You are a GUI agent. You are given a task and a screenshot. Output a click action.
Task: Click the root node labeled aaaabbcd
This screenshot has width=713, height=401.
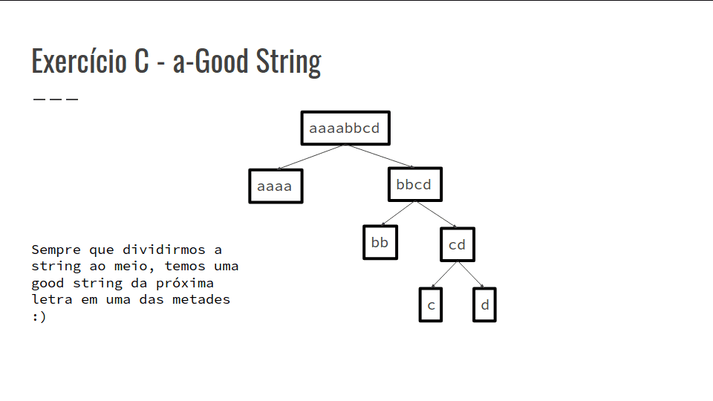(x=345, y=128)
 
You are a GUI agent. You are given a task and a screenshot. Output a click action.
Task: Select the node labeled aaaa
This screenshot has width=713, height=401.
(x=276, y=186)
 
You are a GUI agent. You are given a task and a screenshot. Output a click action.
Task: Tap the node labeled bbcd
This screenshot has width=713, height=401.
(x=415, y=184)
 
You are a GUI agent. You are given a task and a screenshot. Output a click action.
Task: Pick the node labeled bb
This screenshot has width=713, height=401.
(x=380, y=242)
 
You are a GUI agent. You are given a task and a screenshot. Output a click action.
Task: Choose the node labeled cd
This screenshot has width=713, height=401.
(x=458, y=244)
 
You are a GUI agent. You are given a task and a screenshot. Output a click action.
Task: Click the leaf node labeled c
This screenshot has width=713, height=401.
(x=431, y=304)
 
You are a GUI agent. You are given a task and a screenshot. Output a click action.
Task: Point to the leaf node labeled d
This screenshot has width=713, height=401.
(x=485, y=304)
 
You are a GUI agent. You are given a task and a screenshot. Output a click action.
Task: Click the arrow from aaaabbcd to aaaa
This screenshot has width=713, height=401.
(x=310, y=157)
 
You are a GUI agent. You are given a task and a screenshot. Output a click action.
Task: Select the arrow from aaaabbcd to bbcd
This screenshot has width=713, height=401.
(x=380, y=156)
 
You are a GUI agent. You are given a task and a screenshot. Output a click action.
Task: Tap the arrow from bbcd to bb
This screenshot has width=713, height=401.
(x=397, y=213)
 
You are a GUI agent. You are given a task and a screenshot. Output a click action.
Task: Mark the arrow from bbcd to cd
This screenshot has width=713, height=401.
(x=437, y=214)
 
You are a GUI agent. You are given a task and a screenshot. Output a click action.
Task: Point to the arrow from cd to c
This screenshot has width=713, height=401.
(x=444, y=275)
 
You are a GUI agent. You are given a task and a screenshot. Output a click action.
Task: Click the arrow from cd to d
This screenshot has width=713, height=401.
(x=471, y=275)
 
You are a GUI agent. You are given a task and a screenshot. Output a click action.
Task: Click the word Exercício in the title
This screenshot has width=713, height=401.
(x=79, y=61)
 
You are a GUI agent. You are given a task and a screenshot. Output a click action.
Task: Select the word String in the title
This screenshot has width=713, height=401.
(x=289, y=62)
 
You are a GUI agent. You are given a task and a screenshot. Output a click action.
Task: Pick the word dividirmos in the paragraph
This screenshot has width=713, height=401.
(x=163, y=250)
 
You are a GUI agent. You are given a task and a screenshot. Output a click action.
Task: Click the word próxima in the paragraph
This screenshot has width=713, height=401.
(x=185, y=283)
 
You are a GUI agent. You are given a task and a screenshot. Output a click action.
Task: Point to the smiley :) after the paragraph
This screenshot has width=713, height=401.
(x=39, y=316)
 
